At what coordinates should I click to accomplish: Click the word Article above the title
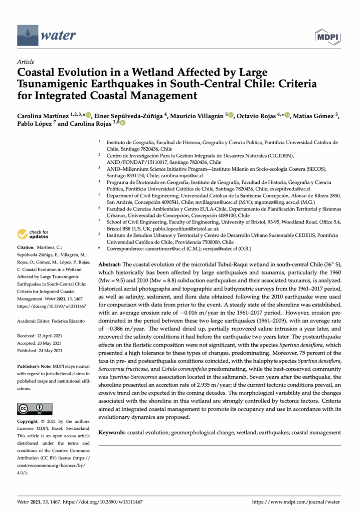click(26, 62)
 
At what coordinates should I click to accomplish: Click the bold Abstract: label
click(109, 264)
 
